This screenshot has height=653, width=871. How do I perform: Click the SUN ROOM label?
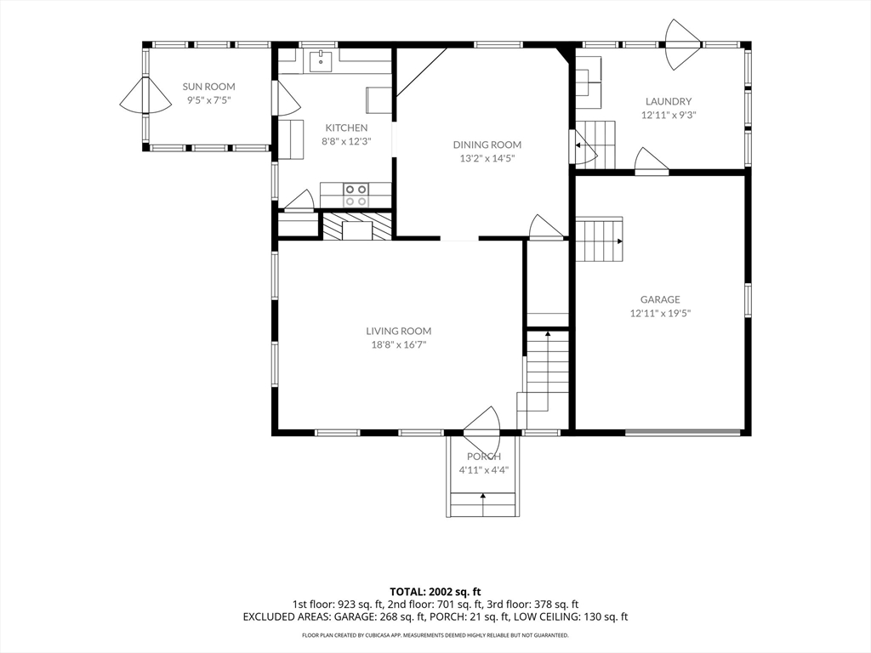click(x=209, y=87)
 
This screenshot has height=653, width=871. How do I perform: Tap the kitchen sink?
click(x=321, y=60)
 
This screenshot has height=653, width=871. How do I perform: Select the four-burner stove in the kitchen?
click(x=356, y=195)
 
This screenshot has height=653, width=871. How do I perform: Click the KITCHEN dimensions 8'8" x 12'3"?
click(x=346, y=141)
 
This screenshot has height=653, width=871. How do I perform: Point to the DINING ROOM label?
click(x=487, y=145)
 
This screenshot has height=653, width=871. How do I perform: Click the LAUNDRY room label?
click(x=669, y=102)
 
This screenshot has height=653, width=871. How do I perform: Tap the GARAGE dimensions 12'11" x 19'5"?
click(x=660, y=313)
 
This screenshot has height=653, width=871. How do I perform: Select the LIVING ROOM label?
click(x=398, y=331)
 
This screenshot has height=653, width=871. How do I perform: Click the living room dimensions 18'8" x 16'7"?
click(x=398, y=345)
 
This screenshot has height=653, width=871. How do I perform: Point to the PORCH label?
click(x=484, y=457)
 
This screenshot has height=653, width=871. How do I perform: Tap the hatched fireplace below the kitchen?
click(x=358, y=225)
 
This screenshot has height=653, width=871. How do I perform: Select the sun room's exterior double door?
click(x=145, y=95)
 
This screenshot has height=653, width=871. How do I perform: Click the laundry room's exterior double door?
click(x=683, y=44)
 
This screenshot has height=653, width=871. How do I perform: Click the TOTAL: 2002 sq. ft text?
click(x=435, y=592)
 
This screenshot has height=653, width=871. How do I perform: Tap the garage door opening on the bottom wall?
click(x=683, y=431)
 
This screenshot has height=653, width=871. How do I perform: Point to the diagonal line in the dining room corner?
click(x=422, y=73)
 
